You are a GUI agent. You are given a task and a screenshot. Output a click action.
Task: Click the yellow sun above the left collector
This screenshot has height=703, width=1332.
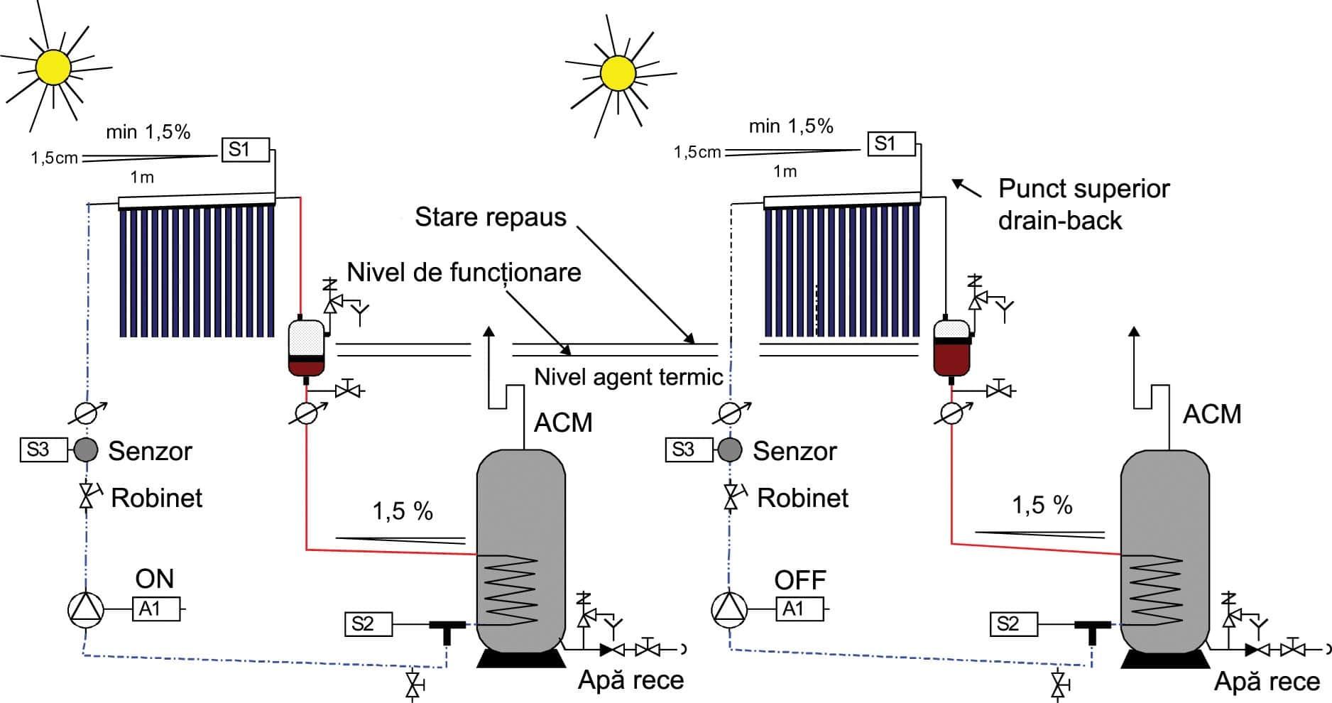[x=53, y=67]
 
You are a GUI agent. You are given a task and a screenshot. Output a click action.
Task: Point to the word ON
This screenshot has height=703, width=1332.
[x=154, y=579]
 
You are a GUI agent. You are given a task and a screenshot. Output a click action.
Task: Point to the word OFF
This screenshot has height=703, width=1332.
[x=799, y=580]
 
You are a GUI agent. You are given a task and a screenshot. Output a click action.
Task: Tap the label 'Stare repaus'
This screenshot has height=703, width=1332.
[x=490, y=217]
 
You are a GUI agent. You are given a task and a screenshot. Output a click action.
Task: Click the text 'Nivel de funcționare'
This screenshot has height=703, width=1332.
[x=464, y=272]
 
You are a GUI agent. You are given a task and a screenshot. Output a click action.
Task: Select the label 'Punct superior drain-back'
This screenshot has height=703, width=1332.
[x=1082, y=205]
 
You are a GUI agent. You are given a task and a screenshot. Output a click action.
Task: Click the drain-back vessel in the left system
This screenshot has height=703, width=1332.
[x=306, y=348]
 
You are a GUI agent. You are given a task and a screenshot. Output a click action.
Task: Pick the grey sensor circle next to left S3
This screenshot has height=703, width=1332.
[x=86, y=449]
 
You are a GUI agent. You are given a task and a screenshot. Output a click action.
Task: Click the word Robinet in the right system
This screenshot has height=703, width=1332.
[x=802, y=498]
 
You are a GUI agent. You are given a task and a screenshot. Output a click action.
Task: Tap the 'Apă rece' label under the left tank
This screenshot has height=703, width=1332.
[x=630, y=680]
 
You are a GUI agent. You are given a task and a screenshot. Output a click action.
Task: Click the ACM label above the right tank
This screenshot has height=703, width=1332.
[x=1211, y=414]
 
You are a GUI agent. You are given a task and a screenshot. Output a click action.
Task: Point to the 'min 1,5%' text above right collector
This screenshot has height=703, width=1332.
[x=790, y=126]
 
